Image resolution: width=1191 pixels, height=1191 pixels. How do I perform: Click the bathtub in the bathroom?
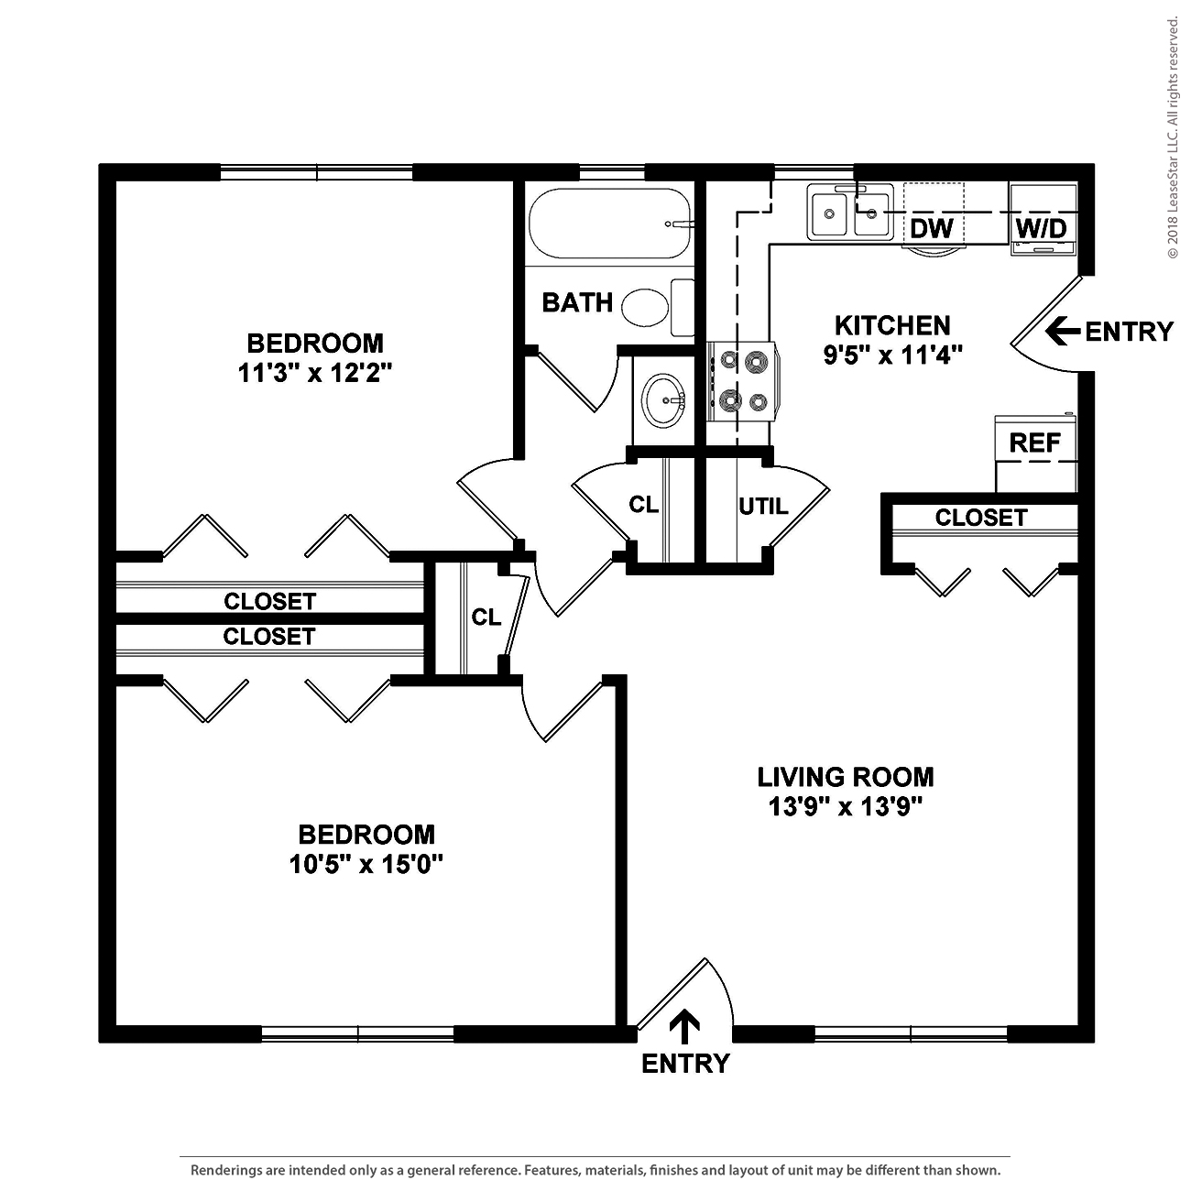[x=609, y=225]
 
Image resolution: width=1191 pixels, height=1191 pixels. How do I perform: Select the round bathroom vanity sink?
[x=662, y=400]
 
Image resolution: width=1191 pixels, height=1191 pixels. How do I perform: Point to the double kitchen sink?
[x=849, y=213]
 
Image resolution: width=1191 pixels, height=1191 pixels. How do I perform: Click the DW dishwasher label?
[x=932, y=228]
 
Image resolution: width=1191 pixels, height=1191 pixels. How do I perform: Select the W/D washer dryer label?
[x=1042, y=228]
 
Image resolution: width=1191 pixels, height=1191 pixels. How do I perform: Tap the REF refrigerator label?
[x=1034, y=443]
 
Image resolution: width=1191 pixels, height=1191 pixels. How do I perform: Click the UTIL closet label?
[x=763, y=506]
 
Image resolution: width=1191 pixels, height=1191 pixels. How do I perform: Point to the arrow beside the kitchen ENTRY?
[x=1062, y=331]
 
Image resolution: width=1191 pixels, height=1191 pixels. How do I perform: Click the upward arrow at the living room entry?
[x=684, y=1026]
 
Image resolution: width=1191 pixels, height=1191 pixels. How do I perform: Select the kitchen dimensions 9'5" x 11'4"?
[x=892, y=355]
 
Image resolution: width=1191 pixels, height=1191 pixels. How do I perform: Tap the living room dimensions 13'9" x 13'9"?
[x=845, y=806]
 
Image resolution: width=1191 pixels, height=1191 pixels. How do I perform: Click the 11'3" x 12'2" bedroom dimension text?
[x=315, y=373]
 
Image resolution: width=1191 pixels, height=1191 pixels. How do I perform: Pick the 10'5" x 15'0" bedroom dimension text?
[x=366, y=864]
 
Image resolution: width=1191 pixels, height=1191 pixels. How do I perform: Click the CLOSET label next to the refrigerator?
[x=980, y=518]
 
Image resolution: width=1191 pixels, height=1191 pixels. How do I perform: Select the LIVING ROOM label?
[x=846, y=777]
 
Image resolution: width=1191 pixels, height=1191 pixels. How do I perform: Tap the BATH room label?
[x=577, y=302]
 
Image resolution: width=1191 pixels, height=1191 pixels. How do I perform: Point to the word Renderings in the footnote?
[x=229, y=1170]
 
